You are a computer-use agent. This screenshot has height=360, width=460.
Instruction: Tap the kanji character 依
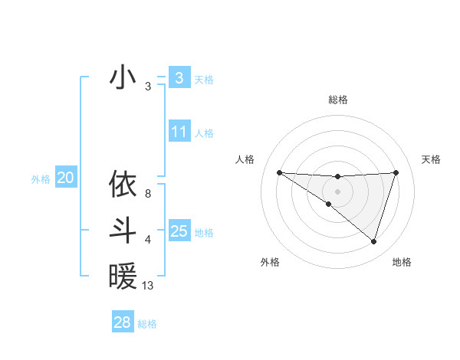[123, 185]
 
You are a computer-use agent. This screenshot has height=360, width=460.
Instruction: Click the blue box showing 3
[179, 77]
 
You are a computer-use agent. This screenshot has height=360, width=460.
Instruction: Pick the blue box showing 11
[179, 132]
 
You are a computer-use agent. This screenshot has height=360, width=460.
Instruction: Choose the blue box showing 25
[179, 231]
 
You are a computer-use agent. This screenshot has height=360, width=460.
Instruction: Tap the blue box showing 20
[65, 178]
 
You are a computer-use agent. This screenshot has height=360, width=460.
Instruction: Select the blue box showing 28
[122, 322]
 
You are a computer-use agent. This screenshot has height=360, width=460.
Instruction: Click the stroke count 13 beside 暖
[148, 286]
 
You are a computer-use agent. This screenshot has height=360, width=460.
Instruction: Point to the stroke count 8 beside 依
[148, 194]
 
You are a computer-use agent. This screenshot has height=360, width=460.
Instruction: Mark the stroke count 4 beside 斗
[148, 240]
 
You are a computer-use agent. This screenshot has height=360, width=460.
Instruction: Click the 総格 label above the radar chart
[337, 100]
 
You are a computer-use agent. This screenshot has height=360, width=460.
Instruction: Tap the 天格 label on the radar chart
[432, 159]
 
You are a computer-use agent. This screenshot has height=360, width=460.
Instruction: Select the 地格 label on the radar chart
[402, 262]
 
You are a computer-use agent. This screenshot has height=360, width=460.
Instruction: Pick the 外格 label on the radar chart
[270, 262]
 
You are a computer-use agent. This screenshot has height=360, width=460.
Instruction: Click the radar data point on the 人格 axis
[279, 172]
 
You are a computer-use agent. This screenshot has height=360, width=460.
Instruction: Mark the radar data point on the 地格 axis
[373, 241]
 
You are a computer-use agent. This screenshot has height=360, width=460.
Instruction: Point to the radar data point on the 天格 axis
[396, 172]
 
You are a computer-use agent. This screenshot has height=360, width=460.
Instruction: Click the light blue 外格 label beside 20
[41, 179]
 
